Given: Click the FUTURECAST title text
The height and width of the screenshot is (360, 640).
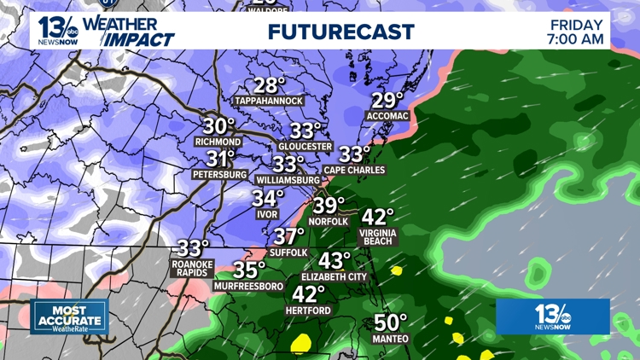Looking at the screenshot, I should coord(340,32).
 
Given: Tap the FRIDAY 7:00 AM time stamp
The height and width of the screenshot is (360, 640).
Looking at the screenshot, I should coord(577,31).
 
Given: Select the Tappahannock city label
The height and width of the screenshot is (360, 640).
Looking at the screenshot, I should coord(269,101).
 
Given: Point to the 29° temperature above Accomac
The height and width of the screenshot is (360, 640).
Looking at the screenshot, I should coord(387,101).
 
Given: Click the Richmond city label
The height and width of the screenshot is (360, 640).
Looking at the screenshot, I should coord(218,142).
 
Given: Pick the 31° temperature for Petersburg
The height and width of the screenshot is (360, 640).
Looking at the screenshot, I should coord(221,159).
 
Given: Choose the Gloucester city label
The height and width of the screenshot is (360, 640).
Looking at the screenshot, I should coord(305,147).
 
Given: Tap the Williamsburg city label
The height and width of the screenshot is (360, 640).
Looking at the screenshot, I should coord(288,180).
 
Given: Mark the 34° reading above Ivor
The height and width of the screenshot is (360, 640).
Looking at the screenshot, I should coord(267,198).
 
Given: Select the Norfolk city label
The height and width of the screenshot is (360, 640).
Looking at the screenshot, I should coord(329,222).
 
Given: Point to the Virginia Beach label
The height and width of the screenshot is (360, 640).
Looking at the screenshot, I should coord(377,236).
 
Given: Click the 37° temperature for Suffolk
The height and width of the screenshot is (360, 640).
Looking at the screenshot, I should coord(289,236).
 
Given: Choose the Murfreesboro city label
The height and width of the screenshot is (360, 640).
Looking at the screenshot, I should coord(248,287).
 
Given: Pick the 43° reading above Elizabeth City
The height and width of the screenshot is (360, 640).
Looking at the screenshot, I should coord(335,260).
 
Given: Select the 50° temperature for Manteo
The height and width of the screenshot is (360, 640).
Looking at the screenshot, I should coord(391,322).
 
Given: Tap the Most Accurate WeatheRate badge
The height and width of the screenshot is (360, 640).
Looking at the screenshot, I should coord(69,316).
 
